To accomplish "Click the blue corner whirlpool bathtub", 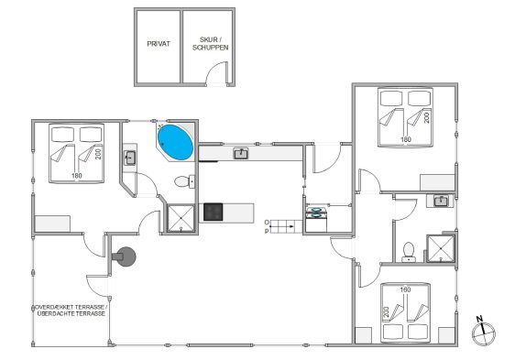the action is (175, 143).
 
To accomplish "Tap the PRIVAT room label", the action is (159, 44).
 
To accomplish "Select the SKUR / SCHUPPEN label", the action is (211, 44).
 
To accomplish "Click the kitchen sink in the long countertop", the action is (241, 154).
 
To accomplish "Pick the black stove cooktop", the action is (213, 212).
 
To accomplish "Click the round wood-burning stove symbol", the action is (125, 256).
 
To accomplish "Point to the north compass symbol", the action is (483, 332).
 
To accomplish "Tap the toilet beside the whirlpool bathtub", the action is (184, 181).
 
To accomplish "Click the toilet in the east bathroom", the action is (409, 252).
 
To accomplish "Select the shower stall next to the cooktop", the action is (181, 218).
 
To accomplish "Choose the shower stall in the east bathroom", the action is (441, 249).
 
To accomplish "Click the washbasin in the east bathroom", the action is (440, 201).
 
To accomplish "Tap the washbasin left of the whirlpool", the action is (130, 158).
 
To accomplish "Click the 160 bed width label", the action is (405, 289).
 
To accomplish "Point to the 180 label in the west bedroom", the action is (77, 175).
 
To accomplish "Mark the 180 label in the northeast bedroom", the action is (406, 139).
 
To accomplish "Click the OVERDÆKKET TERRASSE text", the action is (71, 307).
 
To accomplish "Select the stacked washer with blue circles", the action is (316, 213).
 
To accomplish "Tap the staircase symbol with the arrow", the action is (287, 226).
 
